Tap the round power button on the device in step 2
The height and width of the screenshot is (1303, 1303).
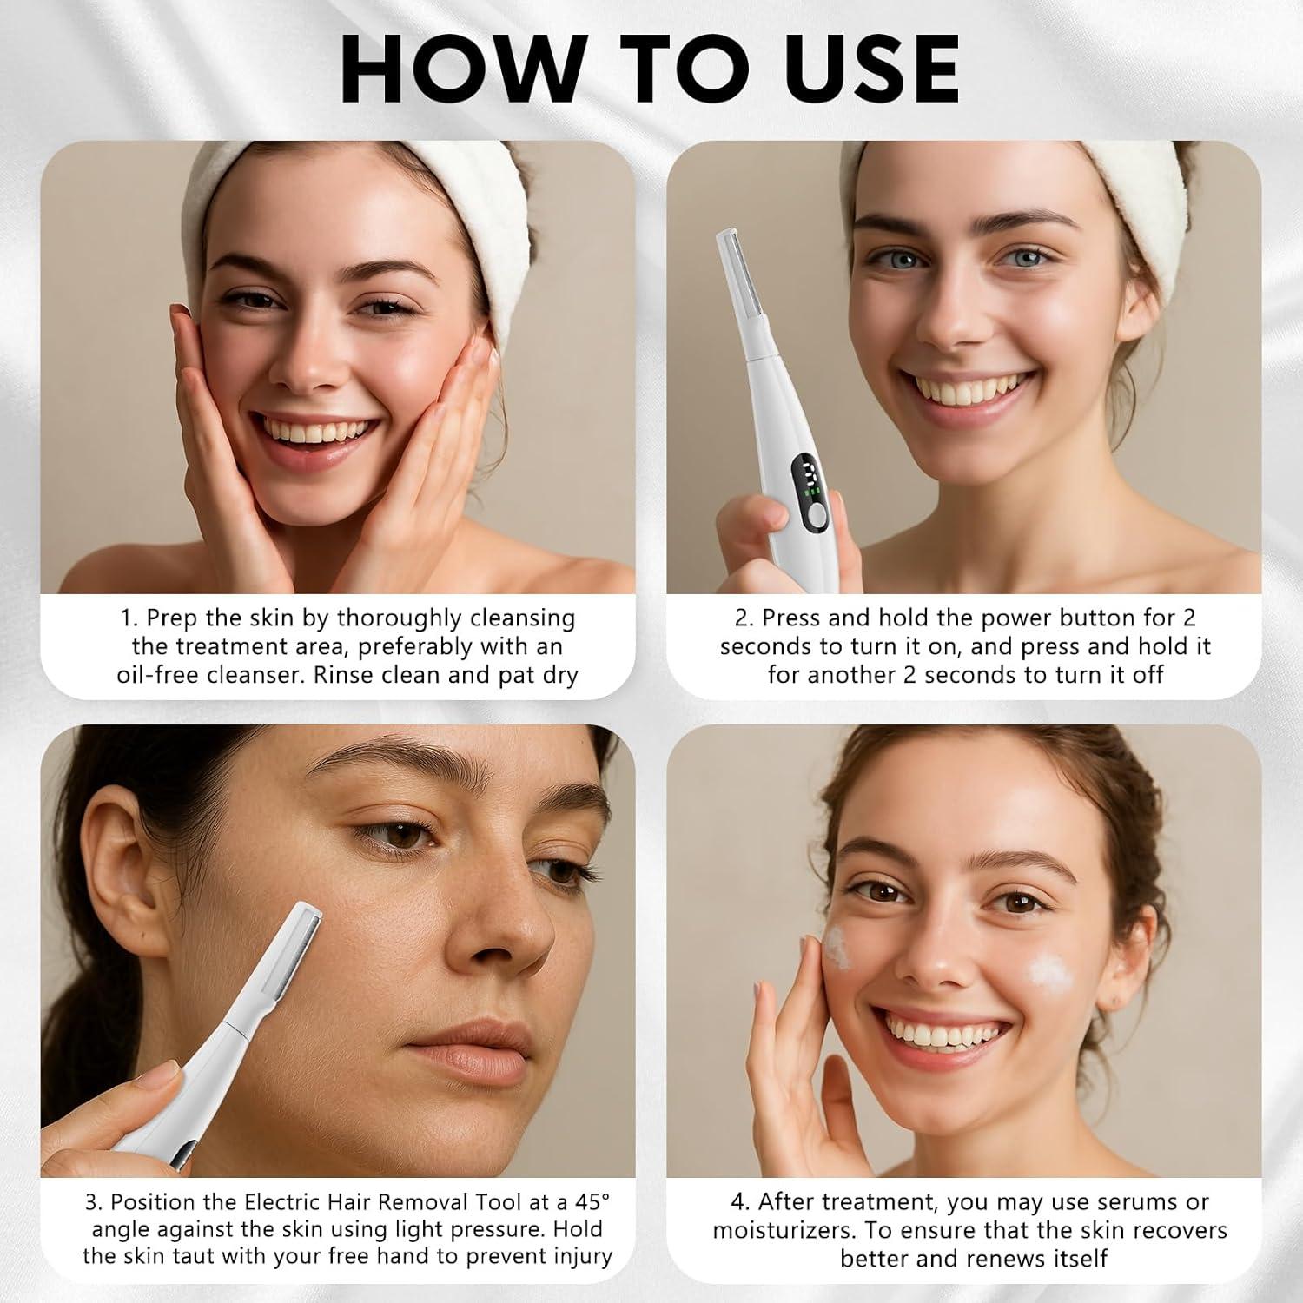coord(817,517)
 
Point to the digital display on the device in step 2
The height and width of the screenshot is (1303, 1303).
coord(805,476)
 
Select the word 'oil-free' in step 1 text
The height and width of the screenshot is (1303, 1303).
coord(159,675)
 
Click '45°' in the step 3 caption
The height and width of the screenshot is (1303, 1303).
coord(591,1202)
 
